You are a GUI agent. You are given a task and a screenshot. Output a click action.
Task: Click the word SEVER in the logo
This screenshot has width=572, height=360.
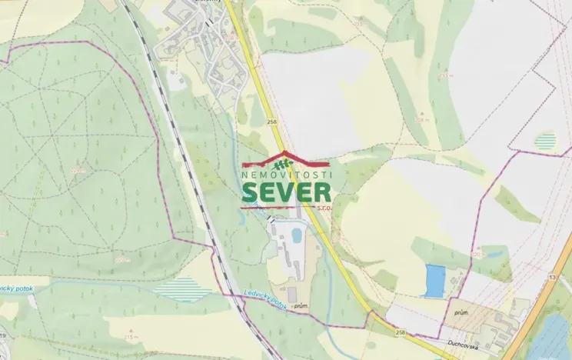click(x=286, y=193)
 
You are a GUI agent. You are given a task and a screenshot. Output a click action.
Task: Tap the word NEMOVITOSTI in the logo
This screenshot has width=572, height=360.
click(x=286, y=175)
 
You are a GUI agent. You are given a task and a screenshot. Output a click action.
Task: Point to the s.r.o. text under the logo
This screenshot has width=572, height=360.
click(x=323, y=207)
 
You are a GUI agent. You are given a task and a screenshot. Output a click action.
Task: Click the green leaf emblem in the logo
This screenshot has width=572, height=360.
click(x=285, y=163)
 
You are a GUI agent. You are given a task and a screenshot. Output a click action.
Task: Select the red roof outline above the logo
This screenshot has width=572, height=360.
click(x=286, y=155)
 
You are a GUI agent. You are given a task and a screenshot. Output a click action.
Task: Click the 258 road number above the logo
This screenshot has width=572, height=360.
click(x=271, y=121)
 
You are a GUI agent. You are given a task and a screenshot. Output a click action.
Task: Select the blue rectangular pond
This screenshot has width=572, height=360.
click(x=434, y=280)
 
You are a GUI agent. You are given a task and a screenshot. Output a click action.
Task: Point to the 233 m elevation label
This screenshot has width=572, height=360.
click(x=444, y=76)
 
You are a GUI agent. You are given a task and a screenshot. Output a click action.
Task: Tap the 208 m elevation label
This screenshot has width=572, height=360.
click(x=421, y=120)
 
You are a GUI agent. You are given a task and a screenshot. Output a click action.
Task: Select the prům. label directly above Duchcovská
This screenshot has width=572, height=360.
click(x=461, y=314)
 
